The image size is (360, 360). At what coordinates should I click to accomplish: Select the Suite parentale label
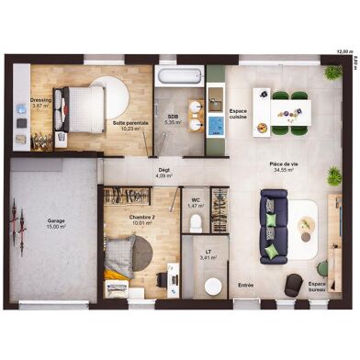point(129,125)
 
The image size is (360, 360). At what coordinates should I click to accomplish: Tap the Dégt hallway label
point(163,171)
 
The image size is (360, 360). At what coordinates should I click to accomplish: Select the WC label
point(196,202)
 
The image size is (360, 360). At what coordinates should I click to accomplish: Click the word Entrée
point(246,285)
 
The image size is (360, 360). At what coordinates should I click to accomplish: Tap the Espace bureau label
point(317,287)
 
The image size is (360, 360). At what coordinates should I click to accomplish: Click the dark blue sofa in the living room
point(274,225)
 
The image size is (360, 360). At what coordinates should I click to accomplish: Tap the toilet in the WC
point(196,219)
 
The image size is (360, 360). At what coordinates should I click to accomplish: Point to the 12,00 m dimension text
point(342,51)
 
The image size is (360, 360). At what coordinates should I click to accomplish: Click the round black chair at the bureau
point(292,285)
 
